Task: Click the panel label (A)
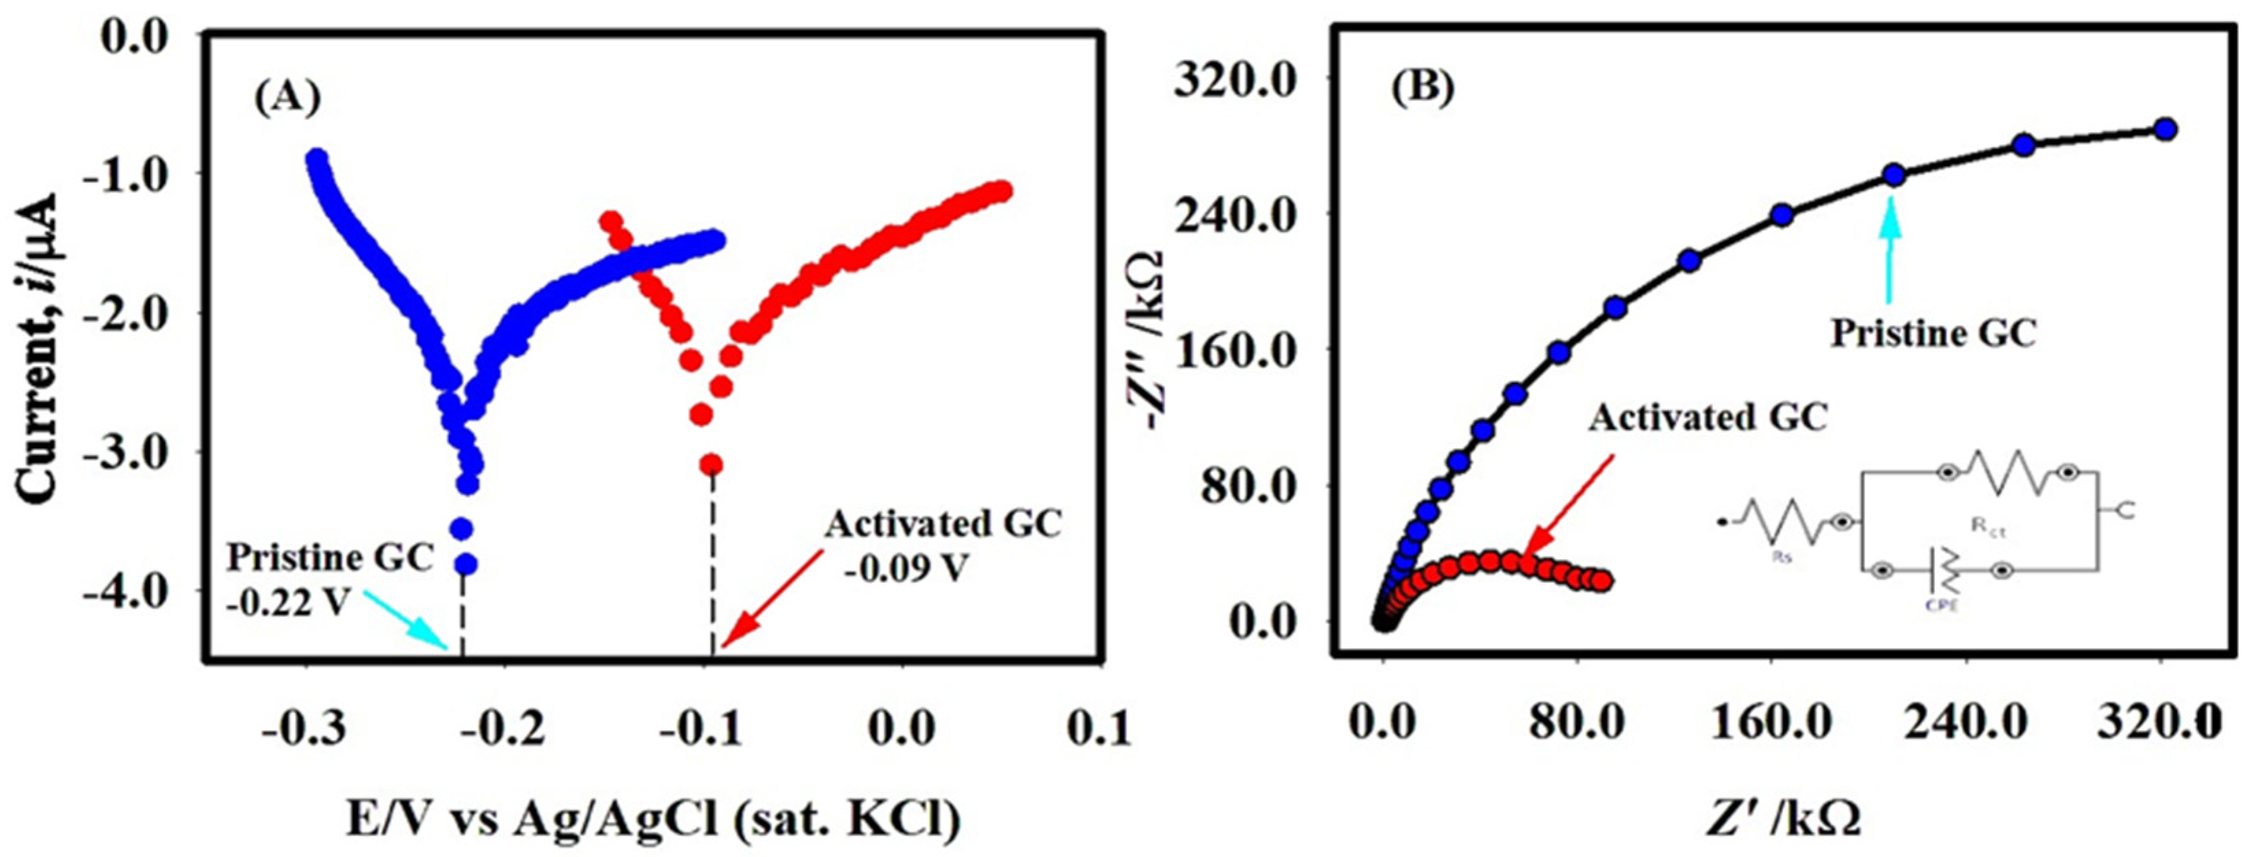(288, 99)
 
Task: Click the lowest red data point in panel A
(711, 464)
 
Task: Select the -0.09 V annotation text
(906, 570)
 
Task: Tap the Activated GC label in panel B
(1709, 418)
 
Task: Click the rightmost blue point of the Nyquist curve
(2165, 129)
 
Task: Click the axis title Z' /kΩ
(1782, 819)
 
